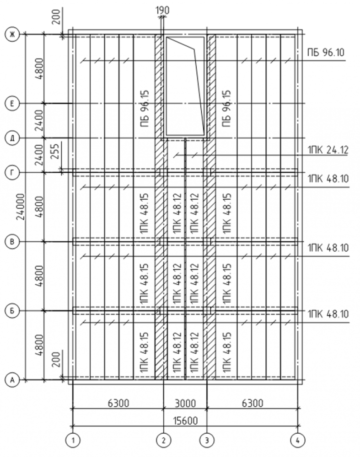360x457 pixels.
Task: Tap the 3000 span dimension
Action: (185, 403)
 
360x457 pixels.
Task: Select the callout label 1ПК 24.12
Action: (328, 149)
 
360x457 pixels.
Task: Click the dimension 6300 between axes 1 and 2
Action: (118, 403)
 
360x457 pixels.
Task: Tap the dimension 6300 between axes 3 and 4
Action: (253, 403)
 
